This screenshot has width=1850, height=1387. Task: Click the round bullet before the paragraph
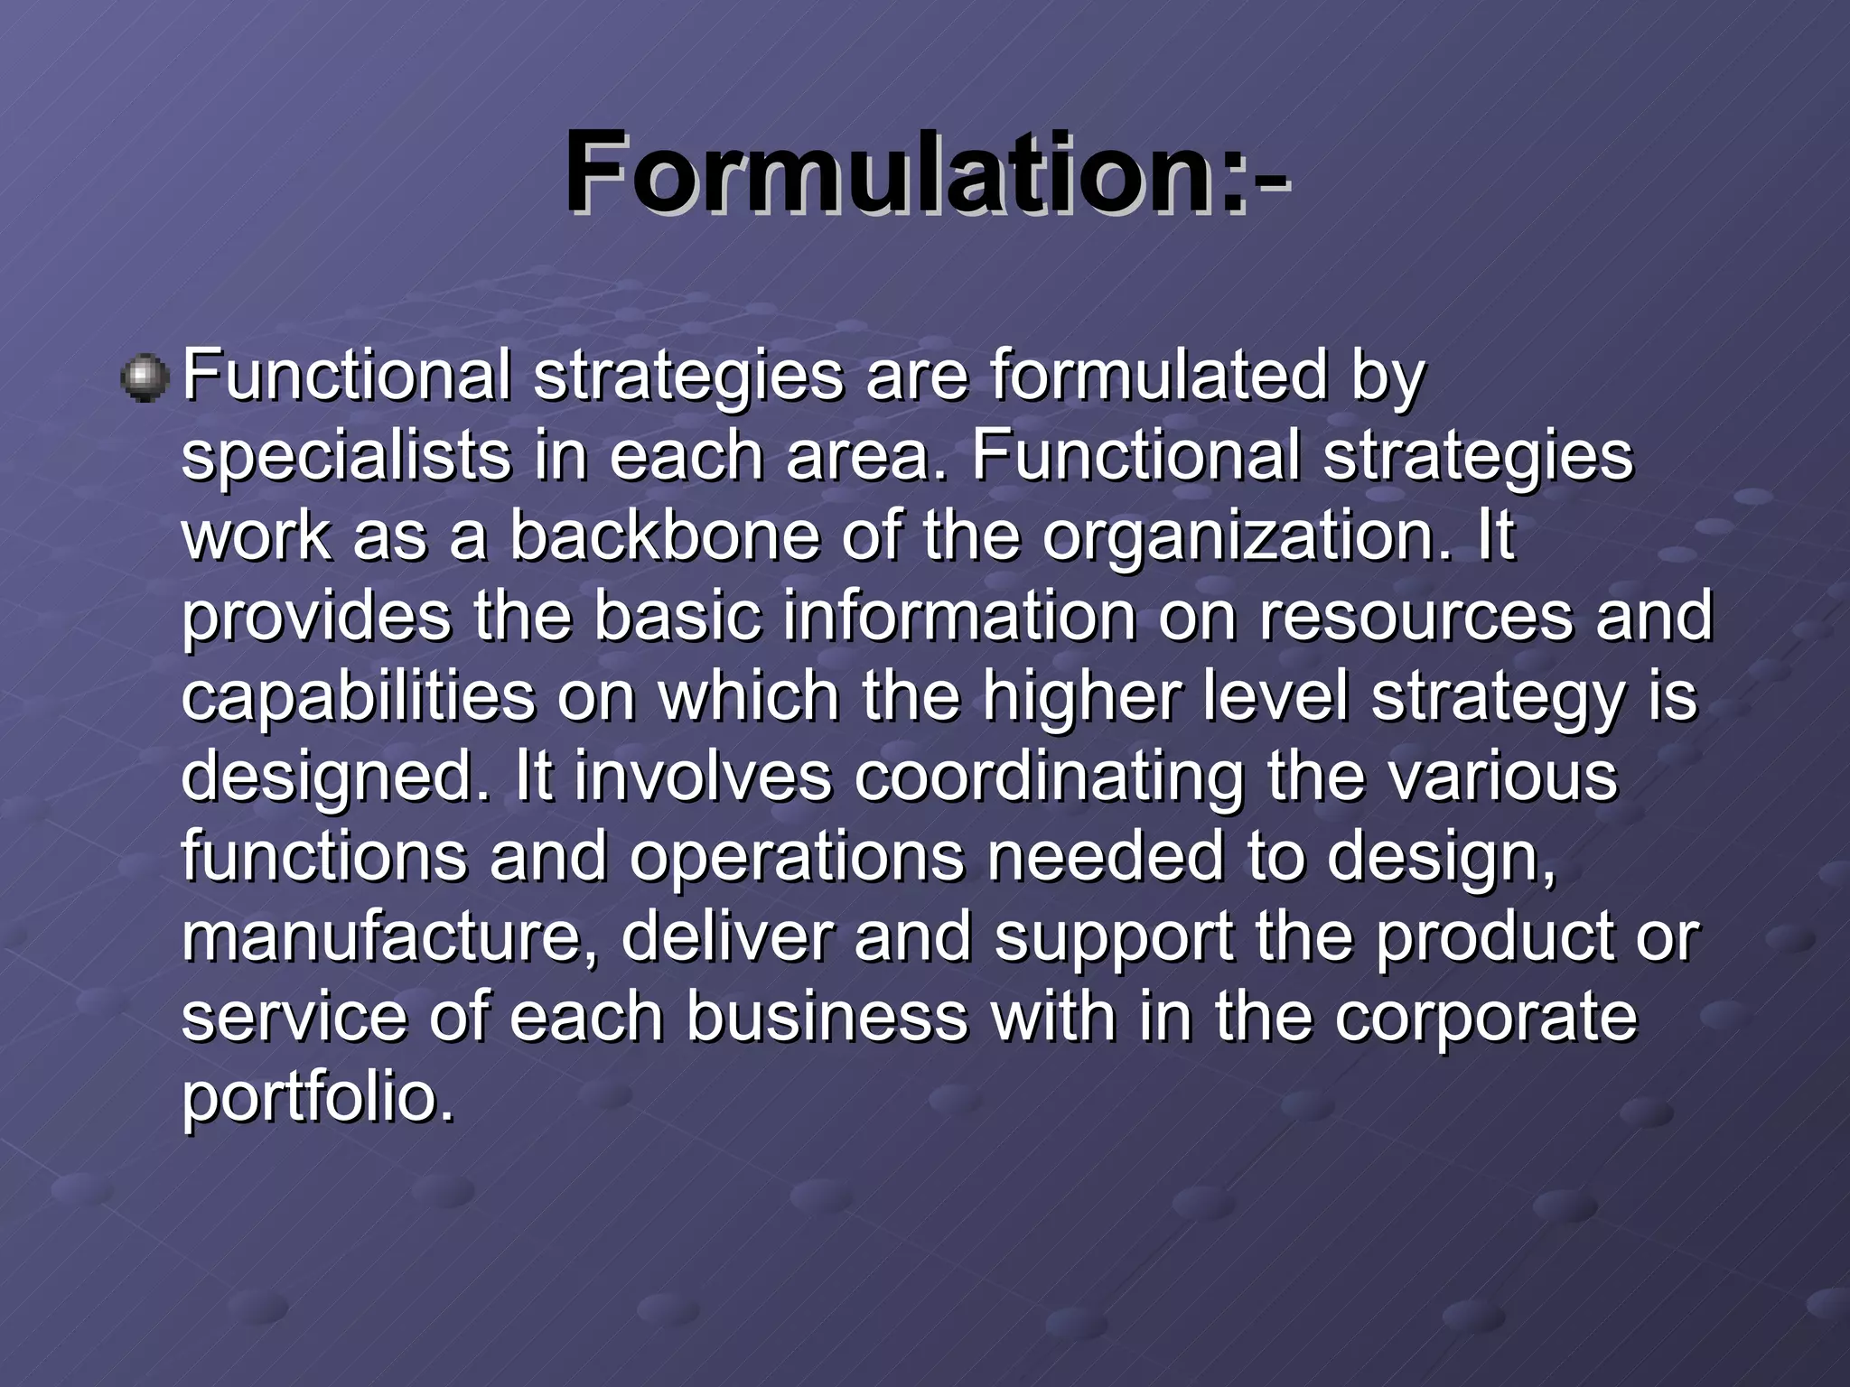pyautogui.click(x=145, y=377)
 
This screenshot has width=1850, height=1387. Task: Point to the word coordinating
pyautogui.click(x=1049, y=777)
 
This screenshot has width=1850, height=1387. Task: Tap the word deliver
pyautogui.click(x=726, y=936)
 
